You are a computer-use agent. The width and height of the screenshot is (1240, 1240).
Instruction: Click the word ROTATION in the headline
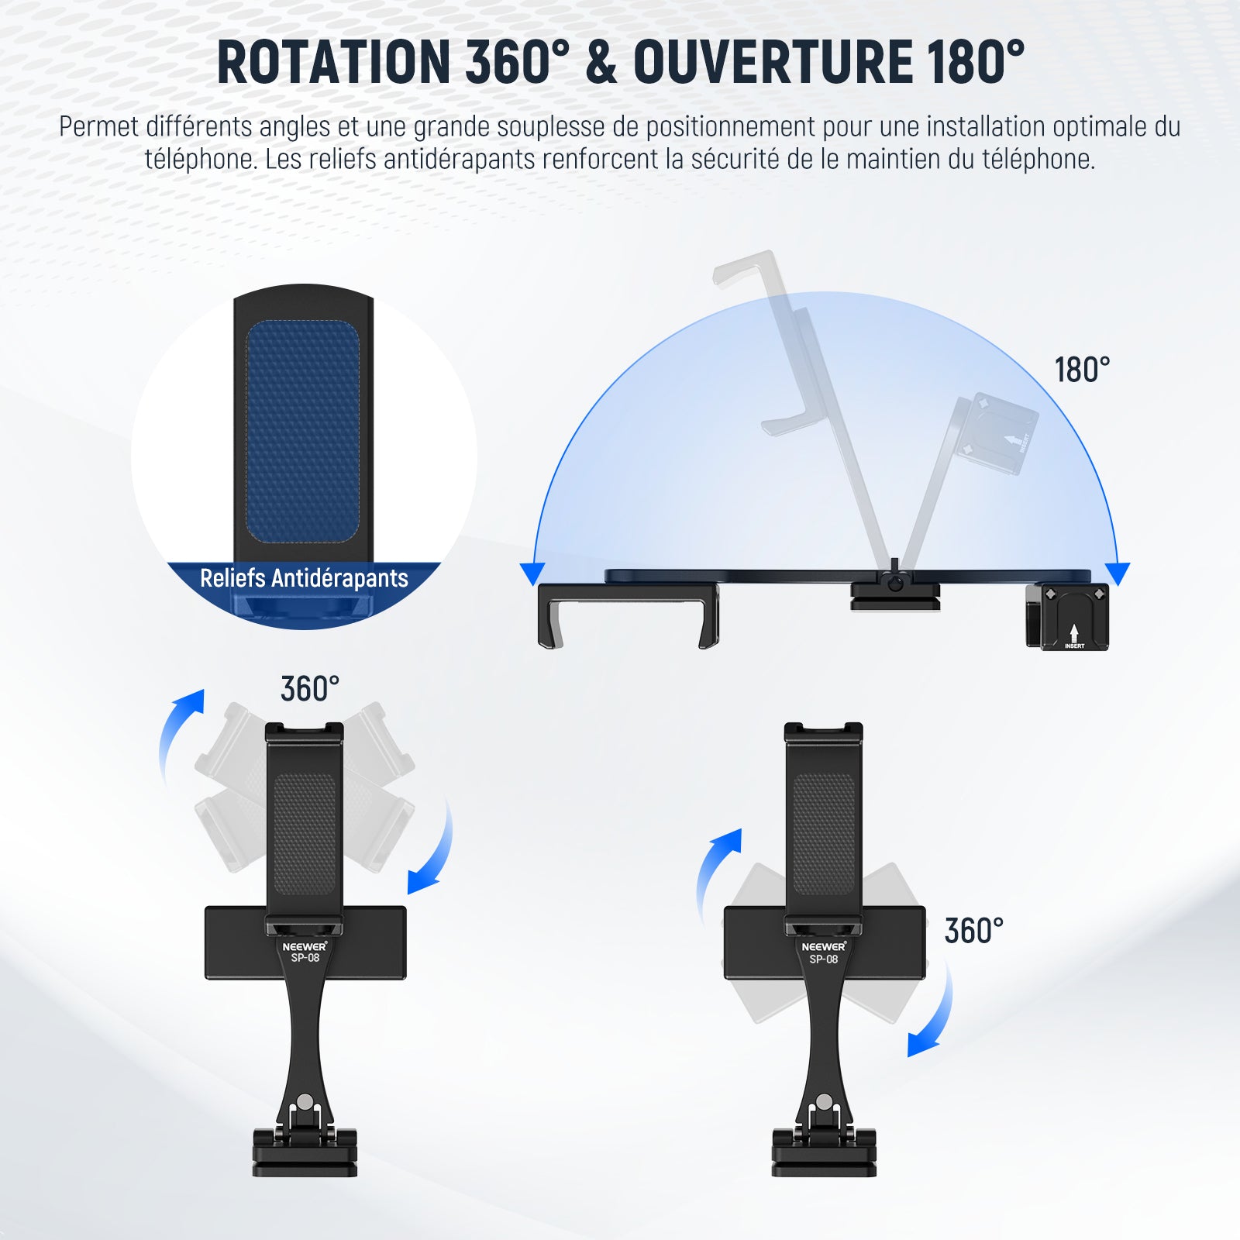coord(333,61)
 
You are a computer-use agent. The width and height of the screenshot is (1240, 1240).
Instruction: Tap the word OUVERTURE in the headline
coord(773,61)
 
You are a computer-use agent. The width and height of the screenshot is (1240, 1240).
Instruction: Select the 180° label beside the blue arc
coord(1082,370)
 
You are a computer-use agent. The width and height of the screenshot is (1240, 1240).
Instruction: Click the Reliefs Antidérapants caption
coord(304,578)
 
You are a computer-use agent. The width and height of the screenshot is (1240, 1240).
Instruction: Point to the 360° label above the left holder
coord(310,689)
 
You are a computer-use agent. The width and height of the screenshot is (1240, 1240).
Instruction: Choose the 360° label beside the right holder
coord(974,931)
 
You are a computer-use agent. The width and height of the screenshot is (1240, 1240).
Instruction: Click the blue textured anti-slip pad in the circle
coord(303,432)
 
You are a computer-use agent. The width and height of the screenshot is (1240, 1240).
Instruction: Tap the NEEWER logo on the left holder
coord(305,946)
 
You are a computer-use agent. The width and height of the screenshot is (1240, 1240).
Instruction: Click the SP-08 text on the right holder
coord(823,959)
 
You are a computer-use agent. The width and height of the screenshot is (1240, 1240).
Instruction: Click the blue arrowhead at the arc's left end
coord(532,574)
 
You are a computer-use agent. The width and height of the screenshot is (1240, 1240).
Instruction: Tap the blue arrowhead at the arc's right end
coord(1118,574)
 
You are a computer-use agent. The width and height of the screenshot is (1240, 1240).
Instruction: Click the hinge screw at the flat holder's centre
coord(895,583)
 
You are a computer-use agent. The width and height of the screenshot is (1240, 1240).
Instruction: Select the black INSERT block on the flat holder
coord(1067,617)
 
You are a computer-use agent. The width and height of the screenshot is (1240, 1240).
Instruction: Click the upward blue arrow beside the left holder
coord(180,735)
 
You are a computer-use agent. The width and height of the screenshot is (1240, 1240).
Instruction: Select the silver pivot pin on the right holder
coord(824,1101)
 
